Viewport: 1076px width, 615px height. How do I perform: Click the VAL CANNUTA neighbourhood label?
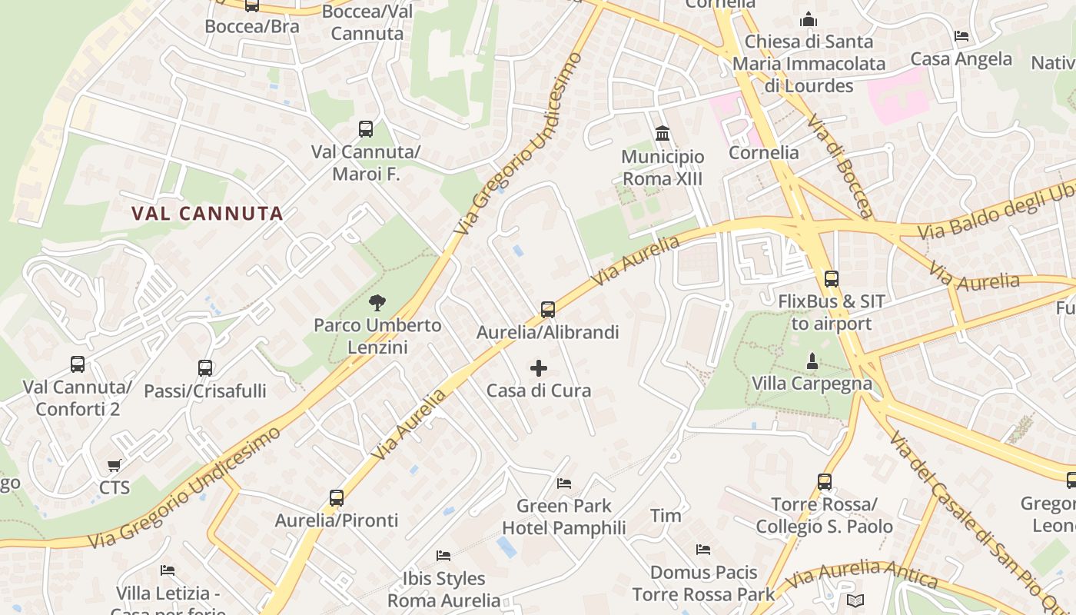pos(207,214)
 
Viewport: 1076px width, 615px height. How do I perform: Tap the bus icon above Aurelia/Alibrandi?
pos(547,310)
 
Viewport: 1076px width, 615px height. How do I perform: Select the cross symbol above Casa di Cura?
pos(539,368)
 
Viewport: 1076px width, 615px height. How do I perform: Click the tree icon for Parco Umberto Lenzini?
pos(377,303)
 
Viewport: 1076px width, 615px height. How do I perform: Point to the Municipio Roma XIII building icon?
pos(663,134)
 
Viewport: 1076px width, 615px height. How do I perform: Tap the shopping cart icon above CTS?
pos(115,465)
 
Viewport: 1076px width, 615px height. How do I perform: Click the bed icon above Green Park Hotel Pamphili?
pos(564,484)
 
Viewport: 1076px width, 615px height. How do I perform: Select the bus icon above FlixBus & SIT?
pos(831,279)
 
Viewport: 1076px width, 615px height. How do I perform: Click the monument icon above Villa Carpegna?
pos(812,361)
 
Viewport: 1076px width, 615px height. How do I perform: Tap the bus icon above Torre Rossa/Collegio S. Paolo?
pos(825,482)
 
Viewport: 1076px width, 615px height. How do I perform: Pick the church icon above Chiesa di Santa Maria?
pos(809,18)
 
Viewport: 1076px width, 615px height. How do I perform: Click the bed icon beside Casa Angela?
pos(961,36)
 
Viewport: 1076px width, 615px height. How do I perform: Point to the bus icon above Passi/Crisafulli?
pos(204,368)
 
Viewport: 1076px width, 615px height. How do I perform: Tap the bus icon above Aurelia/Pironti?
pos(337,498)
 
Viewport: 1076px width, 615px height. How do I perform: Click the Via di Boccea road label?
pos(840,166)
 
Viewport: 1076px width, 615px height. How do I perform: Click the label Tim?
pos(666,515)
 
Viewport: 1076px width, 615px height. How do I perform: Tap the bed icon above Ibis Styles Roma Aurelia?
pos(443,555)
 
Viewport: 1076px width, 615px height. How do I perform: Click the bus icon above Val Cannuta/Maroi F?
pos(366,129)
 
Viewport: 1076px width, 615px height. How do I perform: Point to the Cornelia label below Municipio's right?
pos(763,152)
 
